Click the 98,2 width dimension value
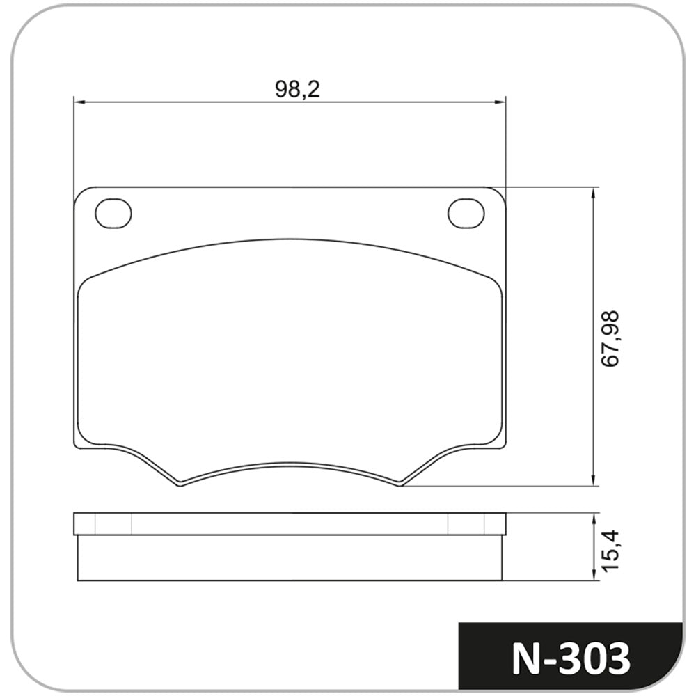point(297,89)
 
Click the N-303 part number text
point(571,658)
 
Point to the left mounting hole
point(113,214)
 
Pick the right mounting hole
point(466,214)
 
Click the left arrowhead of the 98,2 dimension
point(79,102)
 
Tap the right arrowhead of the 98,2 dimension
point(500,102)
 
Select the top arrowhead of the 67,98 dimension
point(593,193)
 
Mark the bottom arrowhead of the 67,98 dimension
point(593,480)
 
